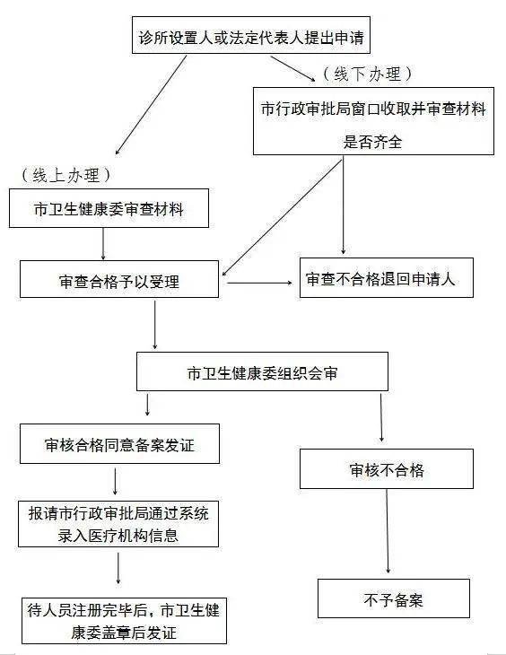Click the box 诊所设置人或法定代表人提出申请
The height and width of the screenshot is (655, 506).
point(251,39)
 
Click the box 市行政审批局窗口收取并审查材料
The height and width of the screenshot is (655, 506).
point(372,109)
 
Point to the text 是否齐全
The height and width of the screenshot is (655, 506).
point(372,140)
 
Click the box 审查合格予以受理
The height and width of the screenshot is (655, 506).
point(119,281)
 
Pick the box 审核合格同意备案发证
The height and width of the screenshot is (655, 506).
point(119,444)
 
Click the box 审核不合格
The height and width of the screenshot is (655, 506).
point(386,468)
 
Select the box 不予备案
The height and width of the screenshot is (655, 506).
point(393,599)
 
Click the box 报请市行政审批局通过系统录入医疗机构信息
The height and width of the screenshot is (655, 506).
point(118,524)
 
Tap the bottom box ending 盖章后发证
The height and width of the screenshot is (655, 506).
point(124,621)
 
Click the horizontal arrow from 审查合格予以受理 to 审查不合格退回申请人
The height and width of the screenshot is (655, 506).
point(261,283)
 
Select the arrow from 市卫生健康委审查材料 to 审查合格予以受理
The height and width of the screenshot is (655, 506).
point(104,243)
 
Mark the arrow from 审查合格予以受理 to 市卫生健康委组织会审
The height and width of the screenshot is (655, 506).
point(155,324)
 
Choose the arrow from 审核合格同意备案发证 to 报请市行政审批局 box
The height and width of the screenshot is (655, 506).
point(116,480)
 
